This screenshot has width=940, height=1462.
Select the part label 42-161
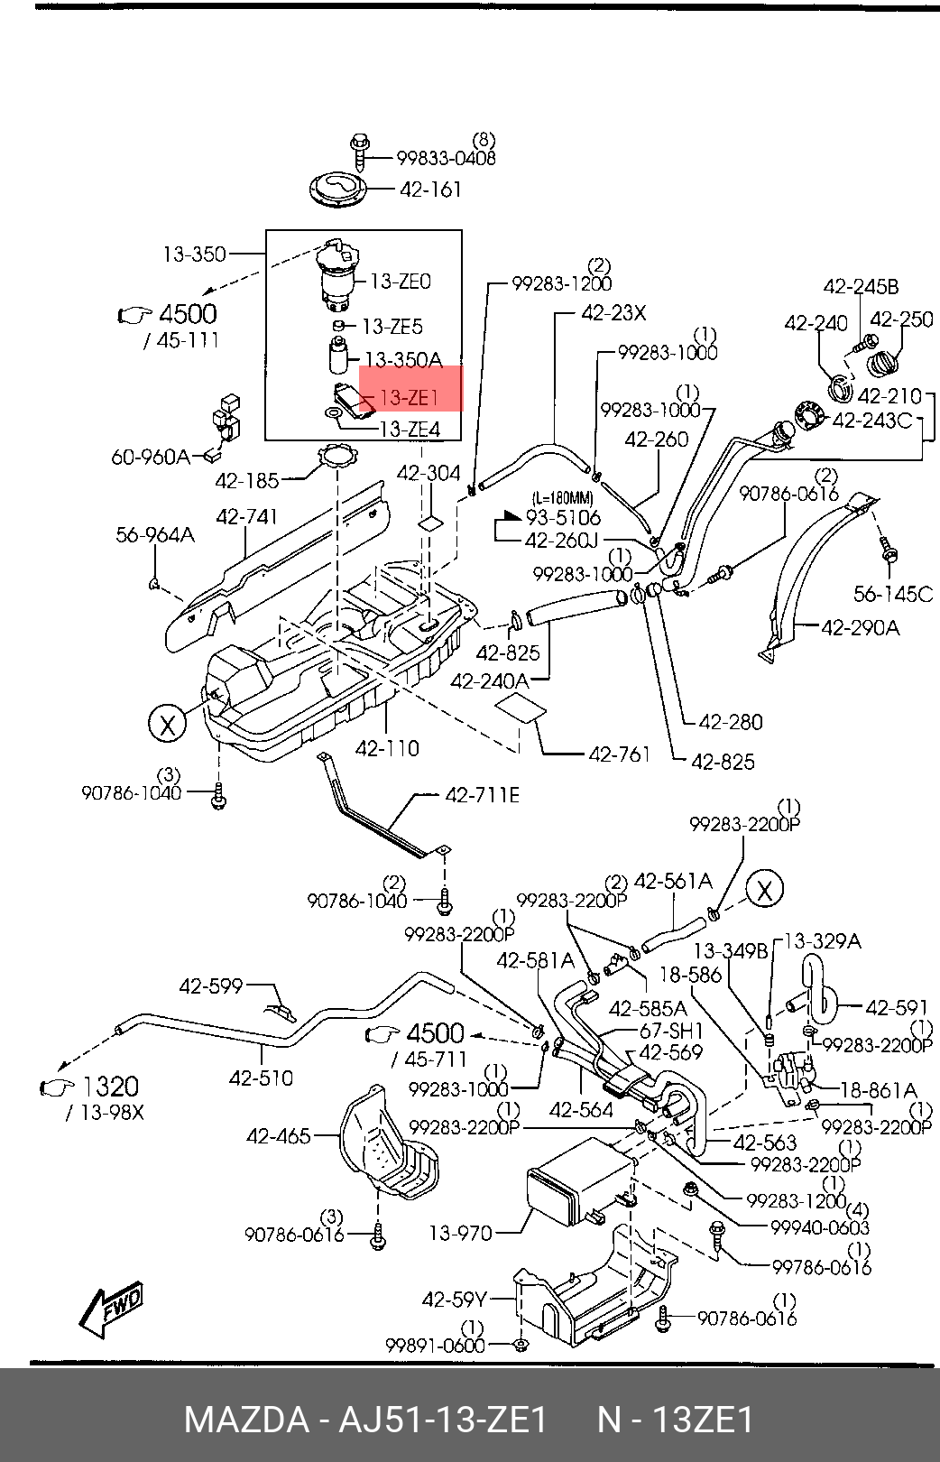(430, 190)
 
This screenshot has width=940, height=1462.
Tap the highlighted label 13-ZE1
(409, 397)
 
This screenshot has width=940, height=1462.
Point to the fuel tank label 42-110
(387, 748)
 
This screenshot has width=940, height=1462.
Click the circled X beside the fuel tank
(168, 724)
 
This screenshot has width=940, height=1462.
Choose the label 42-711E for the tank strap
(482, 795)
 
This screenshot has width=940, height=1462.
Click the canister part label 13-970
(461, 1233)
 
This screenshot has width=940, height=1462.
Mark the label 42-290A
(861, 627)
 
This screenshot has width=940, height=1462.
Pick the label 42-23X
(613, 313)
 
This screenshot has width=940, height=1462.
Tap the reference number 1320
(109, 1087)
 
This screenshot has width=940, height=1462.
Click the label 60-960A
(151, 457)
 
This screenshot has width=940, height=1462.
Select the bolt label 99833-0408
(447, 158)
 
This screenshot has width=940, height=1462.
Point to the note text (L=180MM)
(562, 499)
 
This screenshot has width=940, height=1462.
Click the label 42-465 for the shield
(279, 1136)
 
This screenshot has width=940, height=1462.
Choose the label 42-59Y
(455, 1300)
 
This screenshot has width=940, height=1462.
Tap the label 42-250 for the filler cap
(901, 319)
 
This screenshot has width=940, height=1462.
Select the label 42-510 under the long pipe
(261, 1078)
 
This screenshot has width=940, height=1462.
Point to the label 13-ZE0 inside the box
(401, 282)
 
